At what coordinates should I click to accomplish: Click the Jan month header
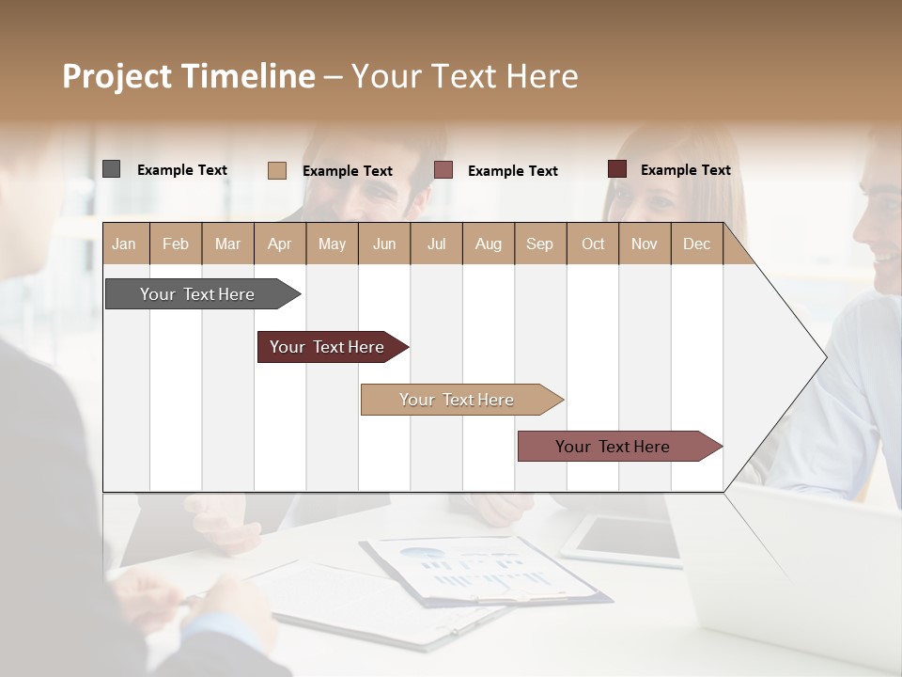click(125, 244)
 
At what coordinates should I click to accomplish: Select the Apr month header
click(280, 244)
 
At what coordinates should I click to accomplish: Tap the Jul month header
click(436, 244)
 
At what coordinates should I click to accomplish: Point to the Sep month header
click(539, 244)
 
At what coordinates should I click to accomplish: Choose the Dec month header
click(696, 244)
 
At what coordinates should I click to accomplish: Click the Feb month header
click(176, 244)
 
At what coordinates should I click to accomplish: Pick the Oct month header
click(593, 244)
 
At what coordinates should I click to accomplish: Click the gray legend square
click(111, 169)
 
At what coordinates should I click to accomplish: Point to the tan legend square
click(277, 170)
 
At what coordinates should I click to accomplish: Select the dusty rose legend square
click(443, 170)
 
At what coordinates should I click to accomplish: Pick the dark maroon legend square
click(617, 169)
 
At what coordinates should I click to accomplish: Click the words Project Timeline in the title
click(189, 76)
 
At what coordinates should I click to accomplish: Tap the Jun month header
click(384, 244)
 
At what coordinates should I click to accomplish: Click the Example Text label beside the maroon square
click(685, 170)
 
